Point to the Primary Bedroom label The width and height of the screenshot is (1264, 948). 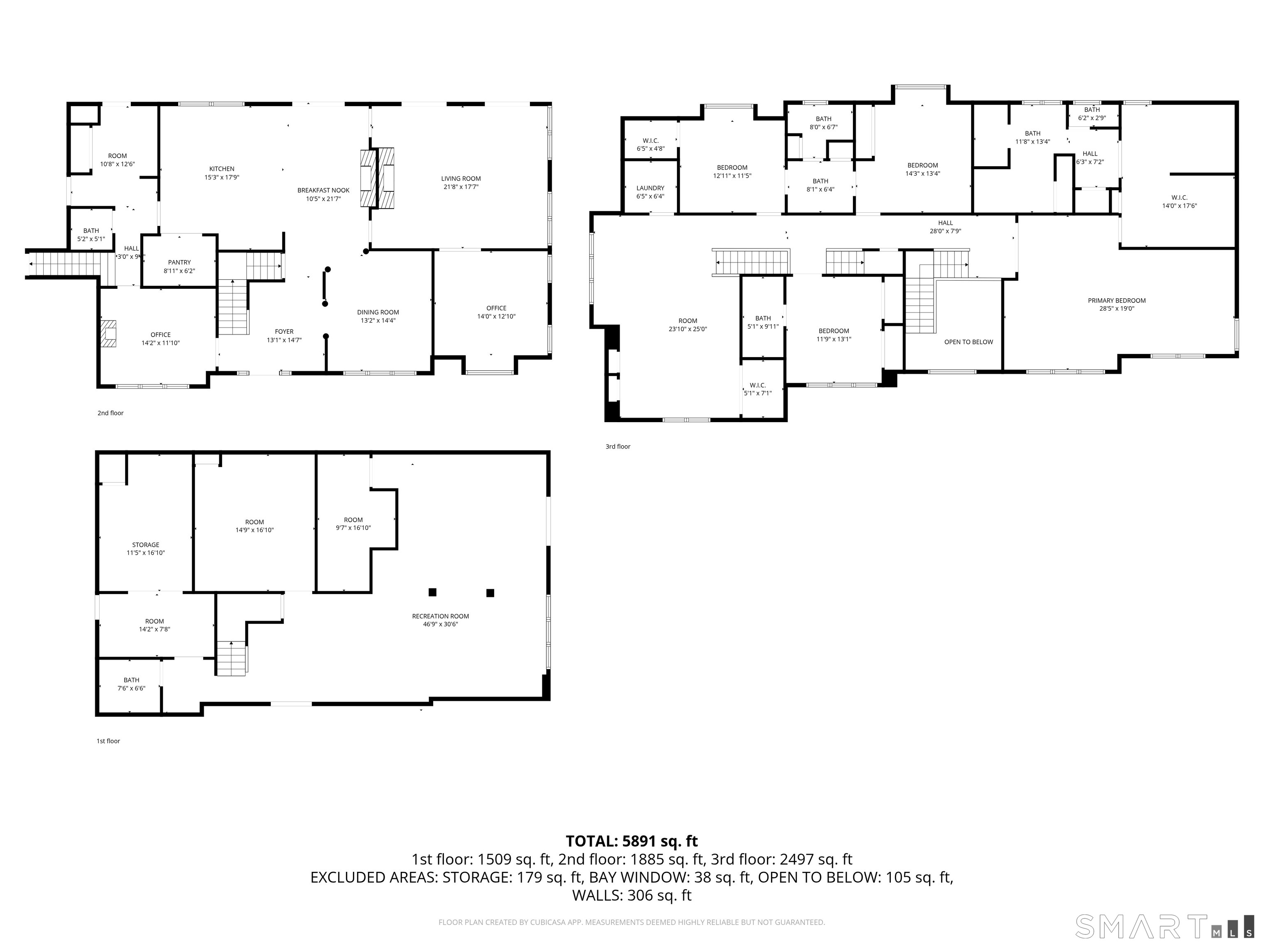tap(1117, 301)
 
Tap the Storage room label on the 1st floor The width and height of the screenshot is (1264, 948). tap(146, 545)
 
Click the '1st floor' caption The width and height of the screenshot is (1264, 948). tap(108, 741)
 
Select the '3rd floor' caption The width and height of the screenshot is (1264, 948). tap(618, 447)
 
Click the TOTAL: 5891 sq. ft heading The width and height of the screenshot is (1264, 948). tap(632, 841)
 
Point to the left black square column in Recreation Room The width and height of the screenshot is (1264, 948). tap(432, 592)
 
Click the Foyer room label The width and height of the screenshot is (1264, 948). tap(284, 331)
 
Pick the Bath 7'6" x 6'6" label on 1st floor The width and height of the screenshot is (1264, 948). tap(131, 684)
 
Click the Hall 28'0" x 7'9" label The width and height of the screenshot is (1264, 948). tap(945, 227)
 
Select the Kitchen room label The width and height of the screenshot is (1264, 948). tap(222, 169)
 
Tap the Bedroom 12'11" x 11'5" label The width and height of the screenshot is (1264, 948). tap(732, 172)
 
